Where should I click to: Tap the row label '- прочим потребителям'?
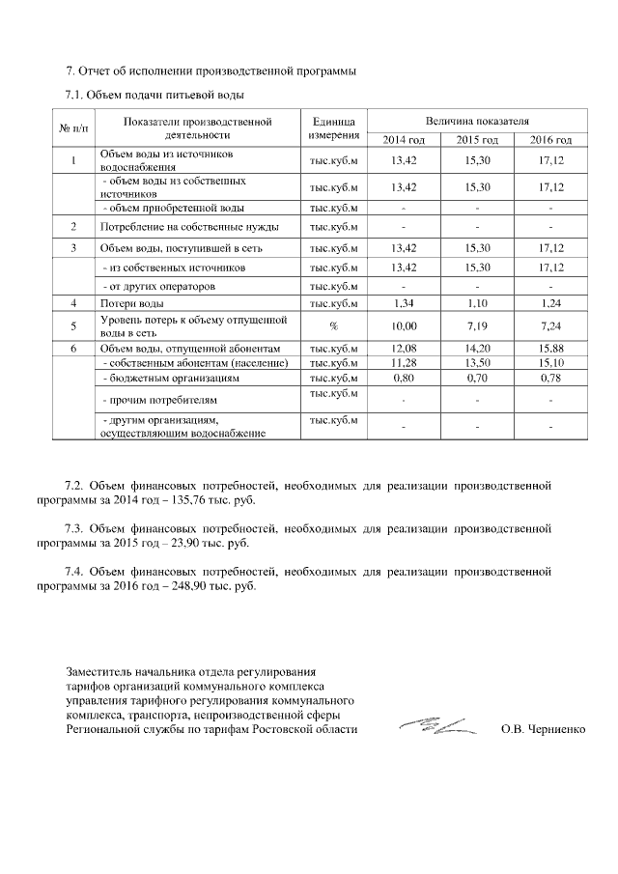[x=154, y=399]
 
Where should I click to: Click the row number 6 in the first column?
[x=73, y=348]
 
